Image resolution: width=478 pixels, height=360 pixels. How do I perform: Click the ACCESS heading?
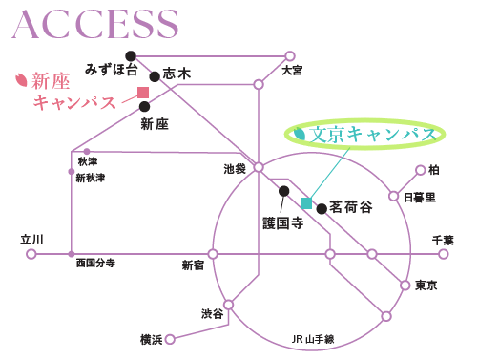[95, 24]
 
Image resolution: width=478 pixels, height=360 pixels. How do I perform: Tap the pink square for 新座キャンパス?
[143, 93]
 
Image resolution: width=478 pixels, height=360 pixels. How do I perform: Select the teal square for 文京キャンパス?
[307, 203]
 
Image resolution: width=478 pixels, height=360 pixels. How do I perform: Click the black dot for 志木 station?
[155, 76]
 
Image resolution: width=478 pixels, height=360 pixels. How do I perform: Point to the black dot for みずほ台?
[131, 56]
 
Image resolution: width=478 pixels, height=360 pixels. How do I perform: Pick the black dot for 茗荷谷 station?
[322, 209]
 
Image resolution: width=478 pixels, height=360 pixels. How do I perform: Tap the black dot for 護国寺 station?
[284, 191]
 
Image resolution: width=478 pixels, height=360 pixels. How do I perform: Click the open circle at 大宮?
[290, 56]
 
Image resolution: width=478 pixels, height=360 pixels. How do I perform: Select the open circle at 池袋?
[259, 167]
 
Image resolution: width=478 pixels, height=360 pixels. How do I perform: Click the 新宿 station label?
[193, 265]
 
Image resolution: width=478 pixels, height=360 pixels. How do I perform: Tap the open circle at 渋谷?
[228, 305]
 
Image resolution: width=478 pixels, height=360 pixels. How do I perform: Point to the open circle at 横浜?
[170, 339]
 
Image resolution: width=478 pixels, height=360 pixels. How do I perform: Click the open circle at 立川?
[31, 254]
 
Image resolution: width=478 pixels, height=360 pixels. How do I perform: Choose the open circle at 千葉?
[443, 254]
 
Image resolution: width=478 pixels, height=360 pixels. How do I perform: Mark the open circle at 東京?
[405, 286]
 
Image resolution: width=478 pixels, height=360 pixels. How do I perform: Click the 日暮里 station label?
[420, 198]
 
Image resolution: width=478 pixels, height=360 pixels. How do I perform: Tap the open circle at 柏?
[421, 170]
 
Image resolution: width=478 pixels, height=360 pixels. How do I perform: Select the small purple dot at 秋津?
[87, 152]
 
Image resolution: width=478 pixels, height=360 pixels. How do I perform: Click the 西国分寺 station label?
[95, 263]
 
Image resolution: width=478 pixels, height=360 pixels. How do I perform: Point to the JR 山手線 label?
[313, 339]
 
